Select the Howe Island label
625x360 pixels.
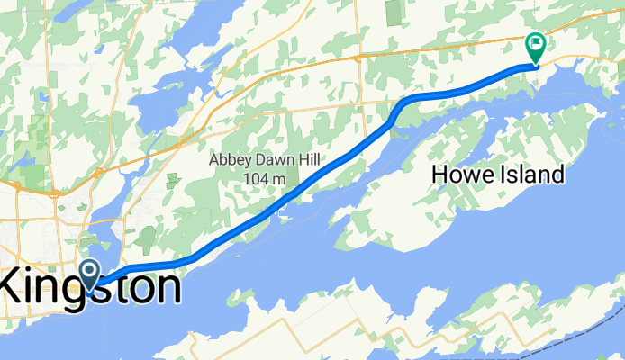pyautogui.click(x=498, y=175)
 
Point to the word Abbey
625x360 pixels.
pyautogui.click(x=231, y=160)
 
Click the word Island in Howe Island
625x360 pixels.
pyautogui.click(x=531, y=175)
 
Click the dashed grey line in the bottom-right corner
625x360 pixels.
pyautogui.click(x=576, y=337)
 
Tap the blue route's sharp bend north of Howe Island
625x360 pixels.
pyautogui.click(x=402, y=103)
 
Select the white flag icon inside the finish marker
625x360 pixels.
pyautogui.click(x=536, y=41)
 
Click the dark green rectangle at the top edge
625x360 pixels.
pyautogui.click(x=394, y=12)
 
